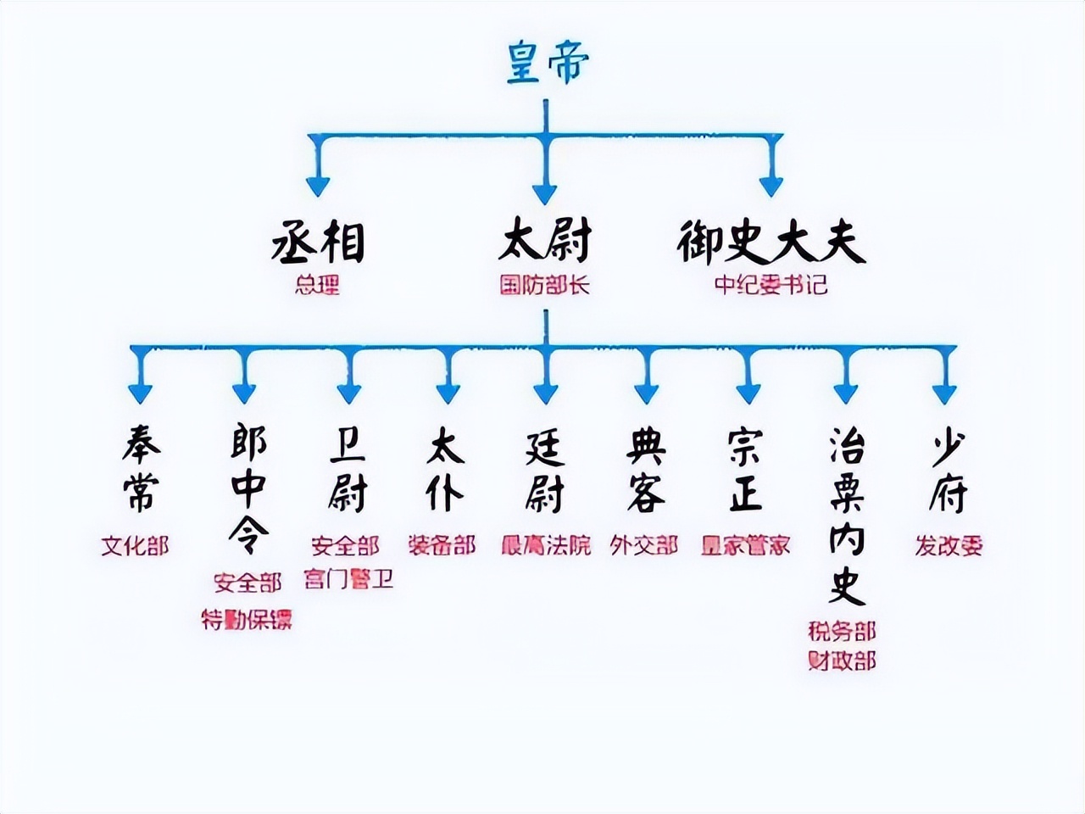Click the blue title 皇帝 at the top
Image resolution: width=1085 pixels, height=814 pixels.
pyautogui.click(x=547, y=62)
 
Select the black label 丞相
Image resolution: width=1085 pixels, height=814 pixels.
pyautogui.click(x=318, y=241)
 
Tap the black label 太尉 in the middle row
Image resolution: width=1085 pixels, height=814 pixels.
pyautogui.click(x=544, y=241)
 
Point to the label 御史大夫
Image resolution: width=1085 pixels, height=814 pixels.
pyautogui.click(x=771, y=241)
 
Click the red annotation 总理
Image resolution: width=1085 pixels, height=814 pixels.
pyautogui.click(x=318, y=285)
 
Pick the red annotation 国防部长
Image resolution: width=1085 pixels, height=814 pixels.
pyautogui.click(x=544, y=285)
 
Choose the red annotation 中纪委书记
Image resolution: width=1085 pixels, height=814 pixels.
pyautogui.click(x=771, y=285)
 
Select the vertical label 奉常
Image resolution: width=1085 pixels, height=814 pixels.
pyautogui.click(x=141, y=470)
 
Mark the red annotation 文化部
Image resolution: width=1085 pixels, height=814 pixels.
pyautogui.click(x=136, y=545)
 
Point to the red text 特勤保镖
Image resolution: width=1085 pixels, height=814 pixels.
pyautogui.click(x=247, y=620)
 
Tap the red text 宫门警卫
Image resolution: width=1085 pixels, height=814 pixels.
pyautogui.click(x=348, y=579)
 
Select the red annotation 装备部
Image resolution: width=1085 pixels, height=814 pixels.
pyautogui.click(x=442, y=544)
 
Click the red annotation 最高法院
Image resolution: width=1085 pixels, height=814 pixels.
pyautogui.click(x=546, y=544)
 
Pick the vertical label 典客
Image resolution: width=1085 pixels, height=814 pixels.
pyautogui.click(x=646, y=470)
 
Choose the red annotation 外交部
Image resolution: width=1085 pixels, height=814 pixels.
pyautogui.click(x=644, y=544)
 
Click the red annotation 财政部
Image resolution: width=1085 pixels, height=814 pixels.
pyautogui.click(x=842, y=661)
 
